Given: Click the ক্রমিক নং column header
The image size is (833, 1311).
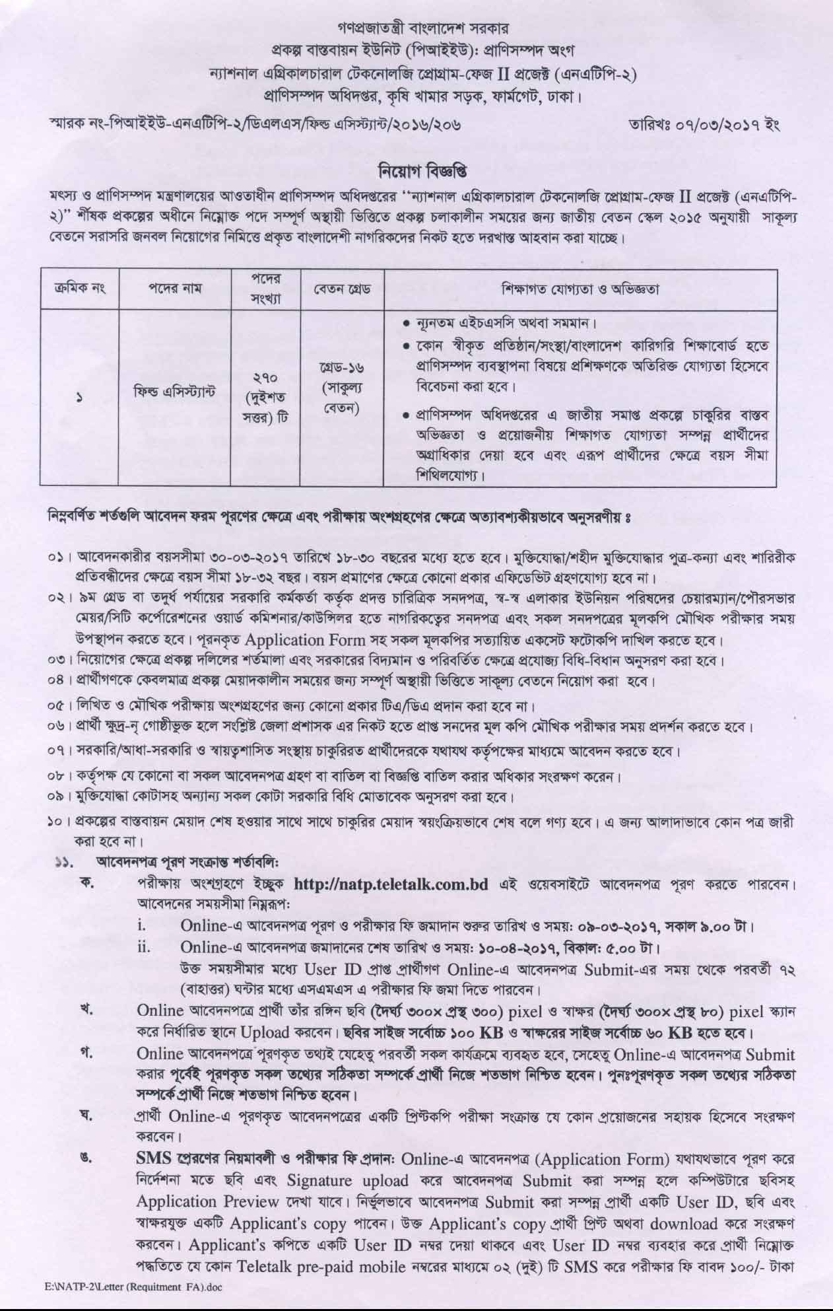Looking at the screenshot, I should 79,289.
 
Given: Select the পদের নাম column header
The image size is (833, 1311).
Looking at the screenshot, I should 174,288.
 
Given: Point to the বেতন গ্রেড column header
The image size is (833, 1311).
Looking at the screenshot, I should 343,289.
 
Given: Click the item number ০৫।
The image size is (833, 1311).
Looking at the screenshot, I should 59,707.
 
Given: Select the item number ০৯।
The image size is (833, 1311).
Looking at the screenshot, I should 59,796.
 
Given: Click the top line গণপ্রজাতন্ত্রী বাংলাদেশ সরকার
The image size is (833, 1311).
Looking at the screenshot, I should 416,29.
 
